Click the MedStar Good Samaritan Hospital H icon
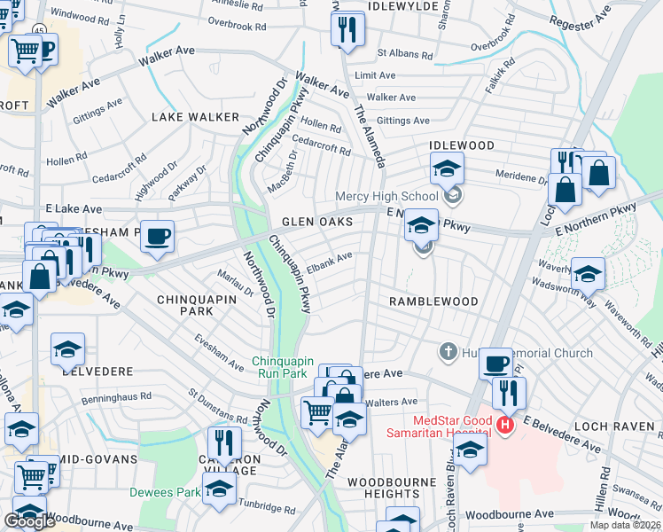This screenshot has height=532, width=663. click(505, 426)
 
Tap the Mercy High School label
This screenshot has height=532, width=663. click(386, 196)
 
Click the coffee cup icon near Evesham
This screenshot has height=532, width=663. click(157, 236)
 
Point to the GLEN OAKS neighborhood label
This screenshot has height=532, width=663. click(317, 222)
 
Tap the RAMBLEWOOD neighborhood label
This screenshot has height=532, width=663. click(433, 301)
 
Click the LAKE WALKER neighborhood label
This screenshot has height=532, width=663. click(195, 117)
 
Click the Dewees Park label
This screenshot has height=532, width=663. click(166, 492)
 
